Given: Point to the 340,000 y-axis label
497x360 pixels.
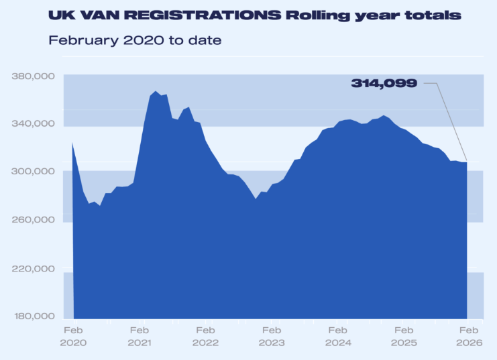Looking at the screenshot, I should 34,124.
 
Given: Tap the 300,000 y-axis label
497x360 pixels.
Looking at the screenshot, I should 34,172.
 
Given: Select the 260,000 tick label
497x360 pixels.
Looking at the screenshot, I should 34,220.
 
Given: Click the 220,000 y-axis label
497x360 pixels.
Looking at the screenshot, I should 34,268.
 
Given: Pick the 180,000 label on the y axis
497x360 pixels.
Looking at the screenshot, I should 34,316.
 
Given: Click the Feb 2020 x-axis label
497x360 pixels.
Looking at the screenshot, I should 72,337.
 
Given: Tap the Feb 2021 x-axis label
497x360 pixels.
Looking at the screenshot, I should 139,337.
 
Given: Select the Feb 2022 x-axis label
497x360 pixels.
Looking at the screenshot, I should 205,337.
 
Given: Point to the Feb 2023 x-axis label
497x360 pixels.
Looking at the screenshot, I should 272,337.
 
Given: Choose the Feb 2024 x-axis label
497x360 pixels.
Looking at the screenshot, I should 338,337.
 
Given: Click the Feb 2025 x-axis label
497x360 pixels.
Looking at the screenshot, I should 404,337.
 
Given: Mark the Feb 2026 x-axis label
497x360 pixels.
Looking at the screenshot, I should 467,337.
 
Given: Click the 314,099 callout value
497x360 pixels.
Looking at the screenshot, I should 384,83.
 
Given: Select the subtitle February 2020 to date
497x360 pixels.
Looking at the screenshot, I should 135,40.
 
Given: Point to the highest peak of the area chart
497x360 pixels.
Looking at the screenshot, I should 155,92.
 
